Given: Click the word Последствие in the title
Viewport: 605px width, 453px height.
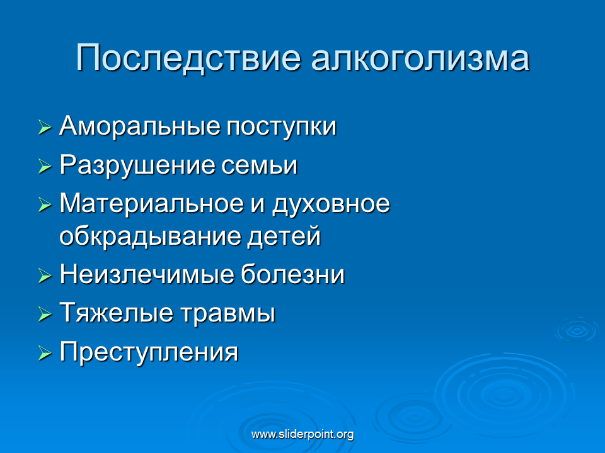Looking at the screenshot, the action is [188, 58].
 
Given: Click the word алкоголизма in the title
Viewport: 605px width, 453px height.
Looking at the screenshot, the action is [420, 58].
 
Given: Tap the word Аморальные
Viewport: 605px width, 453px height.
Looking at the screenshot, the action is [139, 126].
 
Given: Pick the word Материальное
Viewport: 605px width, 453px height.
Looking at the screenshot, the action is [152, 203].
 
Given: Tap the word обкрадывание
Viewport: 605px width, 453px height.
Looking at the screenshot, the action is [150, 236].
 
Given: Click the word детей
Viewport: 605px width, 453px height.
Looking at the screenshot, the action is [284, 237].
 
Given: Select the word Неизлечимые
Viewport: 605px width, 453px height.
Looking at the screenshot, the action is [146, 275].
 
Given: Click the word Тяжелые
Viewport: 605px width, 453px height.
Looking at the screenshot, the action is [116, 313].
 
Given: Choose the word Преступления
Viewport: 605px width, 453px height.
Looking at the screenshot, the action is [149, 352].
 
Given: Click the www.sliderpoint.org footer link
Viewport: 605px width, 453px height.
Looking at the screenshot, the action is [302, 435].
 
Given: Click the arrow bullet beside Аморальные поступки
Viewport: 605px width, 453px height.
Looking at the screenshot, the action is [45, 128].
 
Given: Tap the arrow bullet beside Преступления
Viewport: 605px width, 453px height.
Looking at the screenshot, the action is [45, 352].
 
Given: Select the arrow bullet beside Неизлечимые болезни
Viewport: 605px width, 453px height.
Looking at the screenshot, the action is [45, 276].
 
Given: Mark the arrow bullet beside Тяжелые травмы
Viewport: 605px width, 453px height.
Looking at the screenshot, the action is [45, 314].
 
